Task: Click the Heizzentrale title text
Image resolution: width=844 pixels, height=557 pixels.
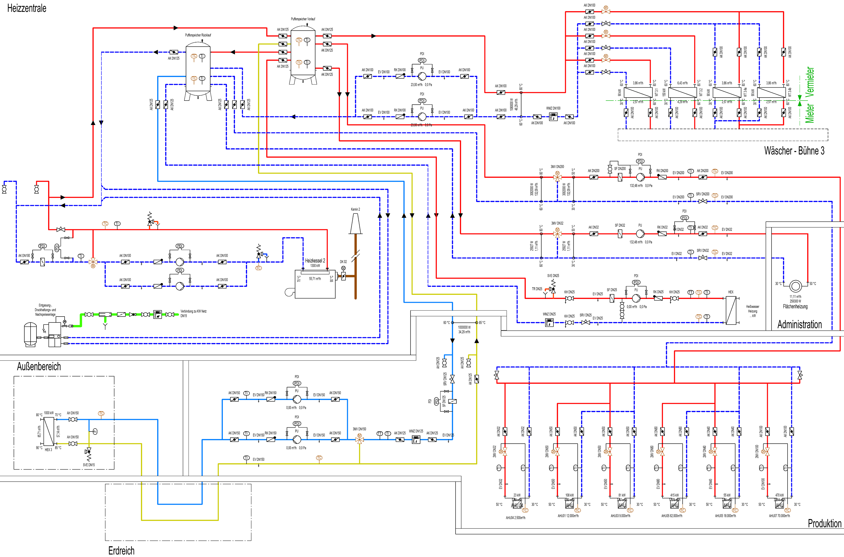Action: point(27,8)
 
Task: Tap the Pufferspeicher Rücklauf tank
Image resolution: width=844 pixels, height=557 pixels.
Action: point(198,69)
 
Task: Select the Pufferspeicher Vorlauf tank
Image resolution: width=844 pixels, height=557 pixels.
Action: point(303,53)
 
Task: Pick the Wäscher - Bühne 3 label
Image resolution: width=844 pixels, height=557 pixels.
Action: point(794,151)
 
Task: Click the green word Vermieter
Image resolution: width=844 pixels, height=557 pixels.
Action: point(810,81)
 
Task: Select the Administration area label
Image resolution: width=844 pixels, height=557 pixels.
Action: point(799,324)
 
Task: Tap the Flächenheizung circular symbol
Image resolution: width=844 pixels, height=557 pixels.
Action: point(795,285)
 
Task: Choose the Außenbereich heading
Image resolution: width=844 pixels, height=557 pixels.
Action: point(39,367)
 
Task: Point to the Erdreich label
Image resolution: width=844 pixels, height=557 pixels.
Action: point(121,551)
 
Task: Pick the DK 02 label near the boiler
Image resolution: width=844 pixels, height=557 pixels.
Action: point(343,262)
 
